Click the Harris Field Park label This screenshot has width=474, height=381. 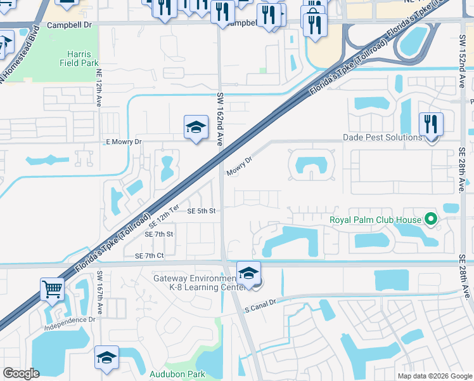coord(80,59)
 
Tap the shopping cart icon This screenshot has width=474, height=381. coord(53,289)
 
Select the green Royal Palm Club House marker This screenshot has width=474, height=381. coord(431,220)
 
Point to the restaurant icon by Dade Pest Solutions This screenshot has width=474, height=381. coord(431,124)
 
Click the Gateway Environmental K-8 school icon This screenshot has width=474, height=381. coord(249,273)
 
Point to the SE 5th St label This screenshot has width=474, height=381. coord(202,211)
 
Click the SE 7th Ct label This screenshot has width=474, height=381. coord(150,255)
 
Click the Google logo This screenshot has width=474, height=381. coord(21,373)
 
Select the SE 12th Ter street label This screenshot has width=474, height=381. coord(165,217)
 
